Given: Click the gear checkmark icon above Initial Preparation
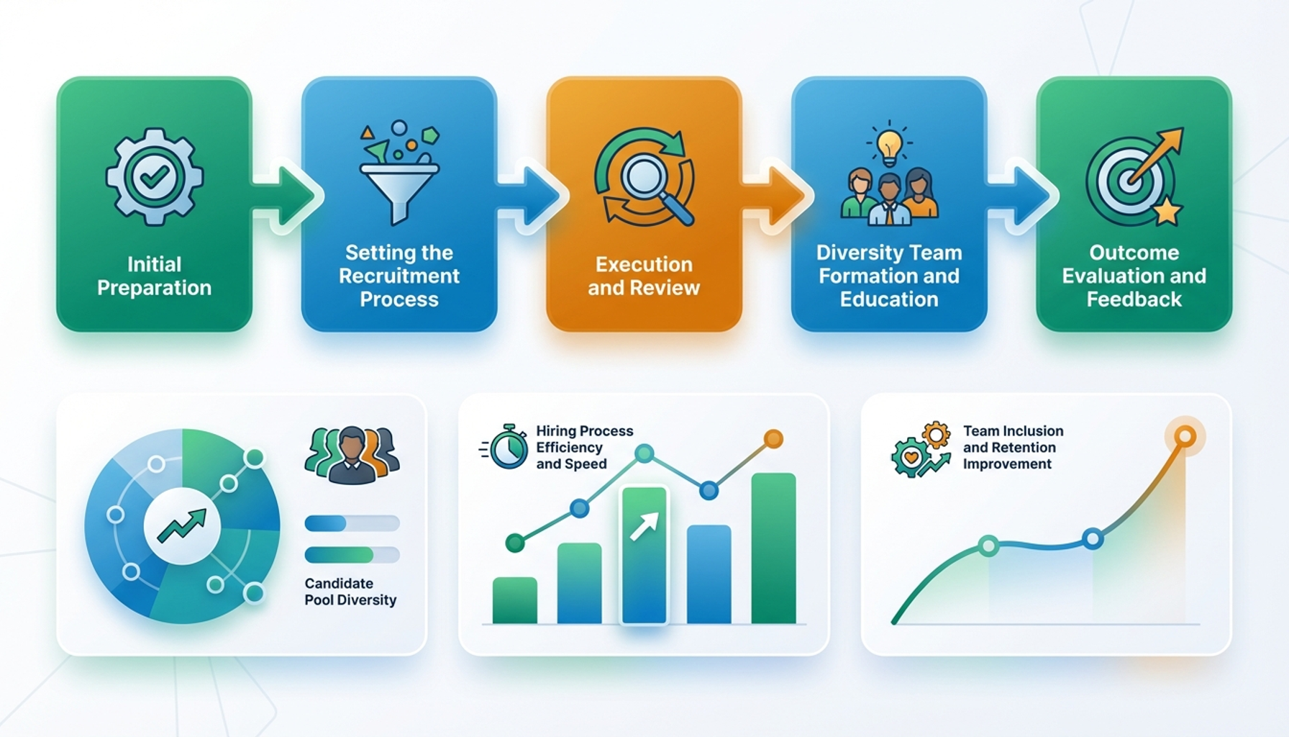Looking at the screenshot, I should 154,176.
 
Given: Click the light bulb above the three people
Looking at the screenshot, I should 890,143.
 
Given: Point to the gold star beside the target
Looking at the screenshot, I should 1167,212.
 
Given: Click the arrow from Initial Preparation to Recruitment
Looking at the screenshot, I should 288,196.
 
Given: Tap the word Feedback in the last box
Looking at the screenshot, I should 1134,299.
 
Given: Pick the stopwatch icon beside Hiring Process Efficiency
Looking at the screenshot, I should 507,447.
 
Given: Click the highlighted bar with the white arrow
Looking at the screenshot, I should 644,554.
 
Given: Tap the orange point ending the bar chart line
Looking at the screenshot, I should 773,438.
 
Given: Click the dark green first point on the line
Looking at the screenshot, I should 515,543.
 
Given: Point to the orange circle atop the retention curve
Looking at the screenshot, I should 1185,436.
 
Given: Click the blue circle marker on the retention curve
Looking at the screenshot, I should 1093,538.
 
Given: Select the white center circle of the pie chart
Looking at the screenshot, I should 182,525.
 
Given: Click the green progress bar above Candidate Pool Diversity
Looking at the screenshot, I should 340,554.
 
